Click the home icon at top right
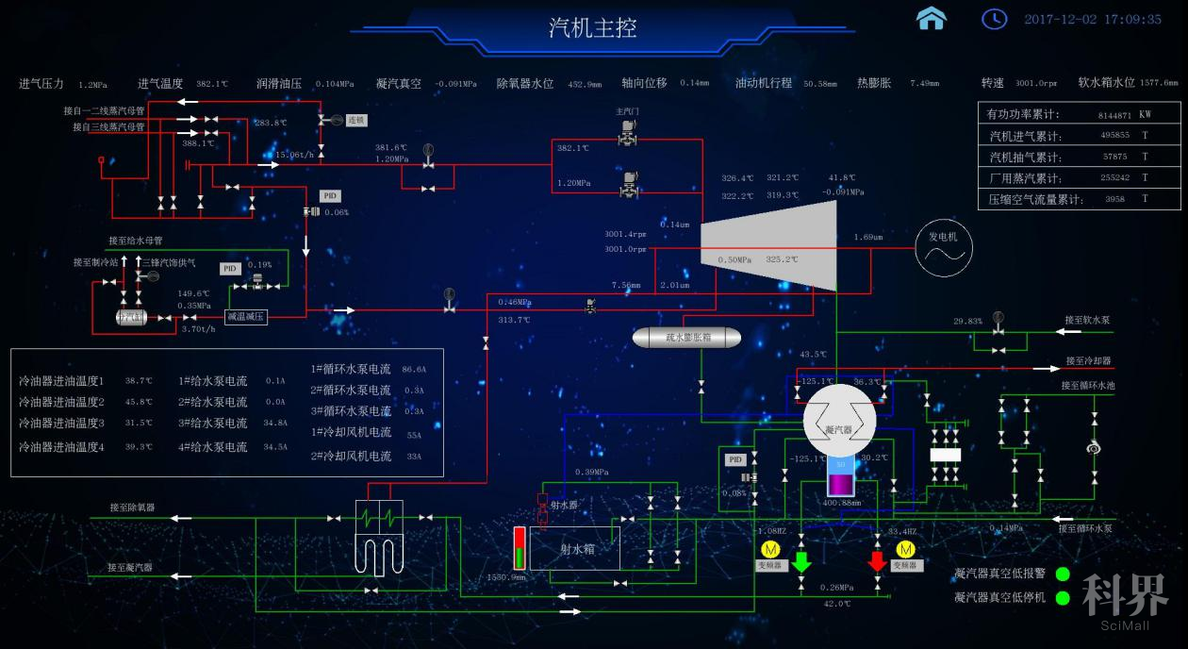(x=932, y=19)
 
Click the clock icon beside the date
(x=994, y=19)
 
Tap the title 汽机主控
(x=593, y=27)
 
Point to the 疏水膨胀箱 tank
(x=686, y=337)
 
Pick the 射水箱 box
(x=575, y=548)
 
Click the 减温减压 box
(x=247, y=317)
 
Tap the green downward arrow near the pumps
(x=801, y=560)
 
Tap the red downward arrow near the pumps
(x=877, y=560)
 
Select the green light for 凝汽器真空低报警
(x=1063, y=574)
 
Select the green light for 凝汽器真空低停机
(x=1063, y=598)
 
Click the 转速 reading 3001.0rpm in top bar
(x=1037, y=84)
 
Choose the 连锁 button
(x=355, y=121)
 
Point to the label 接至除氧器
(x=132, y=508)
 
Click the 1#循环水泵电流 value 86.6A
(x=414, y=370)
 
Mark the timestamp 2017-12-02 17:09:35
(x=1093, y=19)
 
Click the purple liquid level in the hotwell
(x=839, y=484)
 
